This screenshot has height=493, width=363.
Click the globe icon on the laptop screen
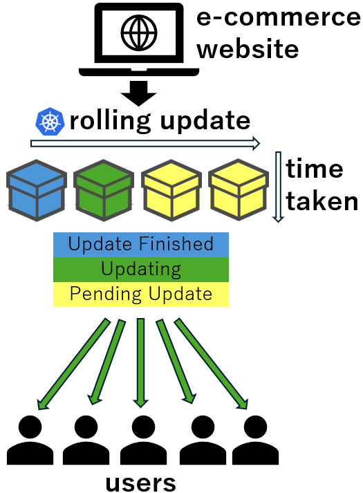coord(138,33)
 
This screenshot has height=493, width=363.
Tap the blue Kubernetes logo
coord(50,122)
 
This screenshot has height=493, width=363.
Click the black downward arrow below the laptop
coord(138,93)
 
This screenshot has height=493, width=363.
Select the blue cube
coord(37,190)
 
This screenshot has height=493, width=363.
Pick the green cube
coord(104,190)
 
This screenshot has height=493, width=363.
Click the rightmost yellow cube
coord(239,190)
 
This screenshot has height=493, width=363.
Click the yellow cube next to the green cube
coord(171,190)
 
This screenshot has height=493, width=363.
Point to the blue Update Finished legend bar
coord(141,245)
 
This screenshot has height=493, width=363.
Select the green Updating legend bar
coord(141,270)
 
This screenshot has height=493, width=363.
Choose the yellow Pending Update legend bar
coord(141,295)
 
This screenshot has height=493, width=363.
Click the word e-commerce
coord(279,17)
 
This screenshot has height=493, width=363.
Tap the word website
coord(248,49)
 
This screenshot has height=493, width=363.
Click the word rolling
coord(110,121)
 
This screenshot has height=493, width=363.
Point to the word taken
coord(322,201)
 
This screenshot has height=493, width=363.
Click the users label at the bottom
coord(140,482)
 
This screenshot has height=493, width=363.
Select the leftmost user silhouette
coord(30,440)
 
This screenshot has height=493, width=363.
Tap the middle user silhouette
coord(143,440)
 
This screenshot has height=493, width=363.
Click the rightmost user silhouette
coord(255,440)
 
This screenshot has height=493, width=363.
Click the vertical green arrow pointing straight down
coord(140,363)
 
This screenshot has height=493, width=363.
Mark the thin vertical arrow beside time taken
coord(278,187)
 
